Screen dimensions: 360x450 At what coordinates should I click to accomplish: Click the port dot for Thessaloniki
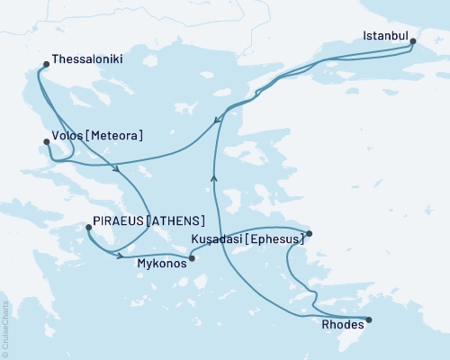(x=46, y=64)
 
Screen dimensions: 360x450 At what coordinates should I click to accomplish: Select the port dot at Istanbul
(x=413, y=40)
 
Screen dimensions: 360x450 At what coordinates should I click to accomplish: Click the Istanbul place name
(x=385, y=37)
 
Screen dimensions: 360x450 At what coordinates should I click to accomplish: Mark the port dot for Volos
(x=46, y=140)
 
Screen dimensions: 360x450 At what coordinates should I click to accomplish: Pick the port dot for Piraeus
(x=87, y=227)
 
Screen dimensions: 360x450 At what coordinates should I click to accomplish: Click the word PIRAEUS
(x=120, y=221)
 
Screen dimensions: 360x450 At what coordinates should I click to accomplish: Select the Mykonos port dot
(x=192, y=257)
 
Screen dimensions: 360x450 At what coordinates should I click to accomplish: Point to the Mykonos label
(x=161, y=264)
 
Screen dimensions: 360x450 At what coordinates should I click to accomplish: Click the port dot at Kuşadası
(x=309, y=234)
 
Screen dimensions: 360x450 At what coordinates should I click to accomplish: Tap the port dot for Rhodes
(x=368, y=319)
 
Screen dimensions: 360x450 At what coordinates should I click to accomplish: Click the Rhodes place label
(x=342, y=328)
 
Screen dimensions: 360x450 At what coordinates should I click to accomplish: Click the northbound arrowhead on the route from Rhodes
(x=214, y=177)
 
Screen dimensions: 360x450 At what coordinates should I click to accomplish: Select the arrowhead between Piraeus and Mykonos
(x=121, y=256)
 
